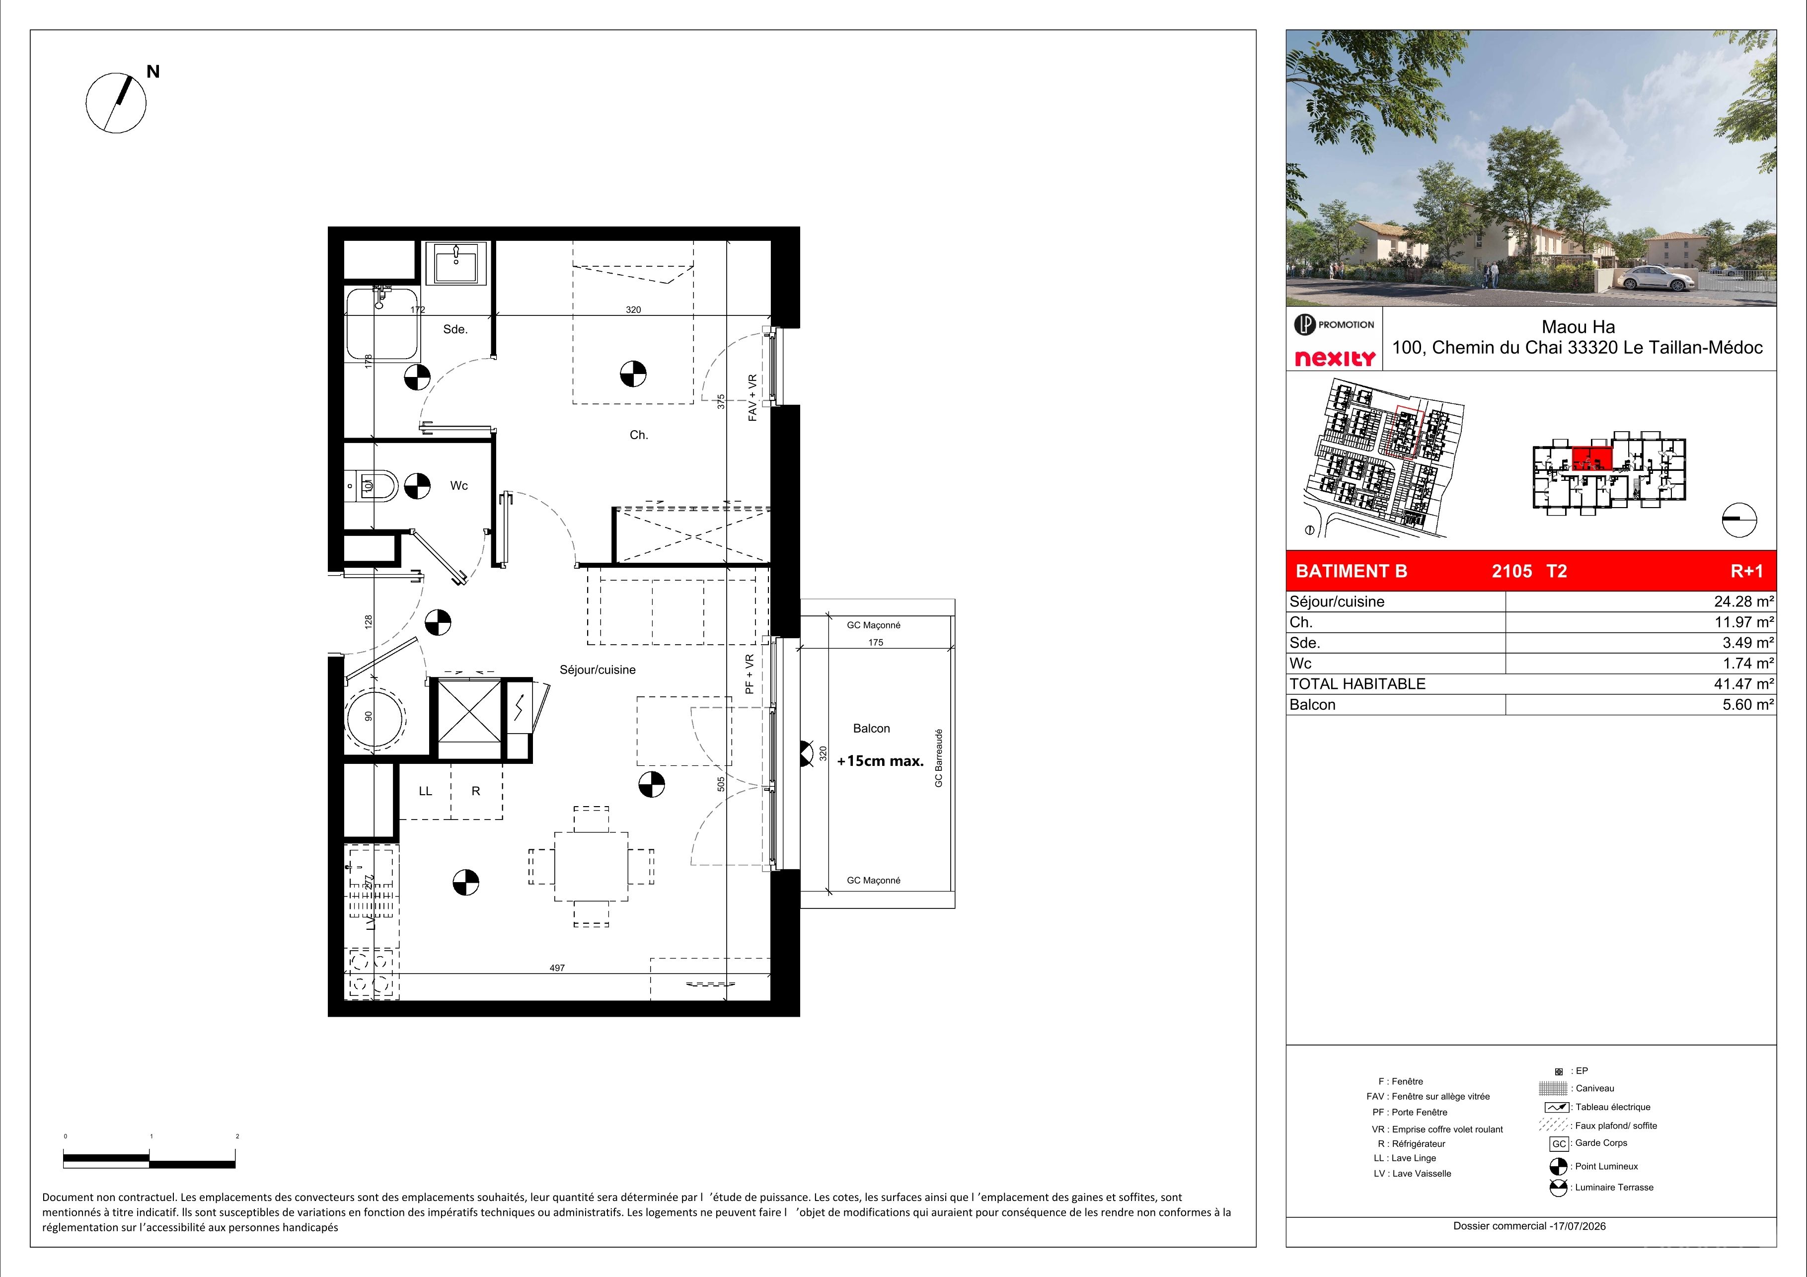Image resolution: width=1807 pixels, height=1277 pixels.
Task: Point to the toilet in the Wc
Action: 378,485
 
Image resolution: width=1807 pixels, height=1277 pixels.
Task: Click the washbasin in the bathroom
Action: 456,263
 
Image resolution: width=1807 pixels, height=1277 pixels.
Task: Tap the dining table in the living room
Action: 591,866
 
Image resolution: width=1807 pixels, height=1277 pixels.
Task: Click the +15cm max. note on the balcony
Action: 880,761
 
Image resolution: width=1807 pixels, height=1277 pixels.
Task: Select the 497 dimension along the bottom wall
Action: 557,968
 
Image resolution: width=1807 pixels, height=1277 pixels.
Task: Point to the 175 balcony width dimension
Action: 875,643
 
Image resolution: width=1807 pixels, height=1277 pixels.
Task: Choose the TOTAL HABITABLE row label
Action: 1357,684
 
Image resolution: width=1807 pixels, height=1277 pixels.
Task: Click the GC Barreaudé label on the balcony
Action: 938,757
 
